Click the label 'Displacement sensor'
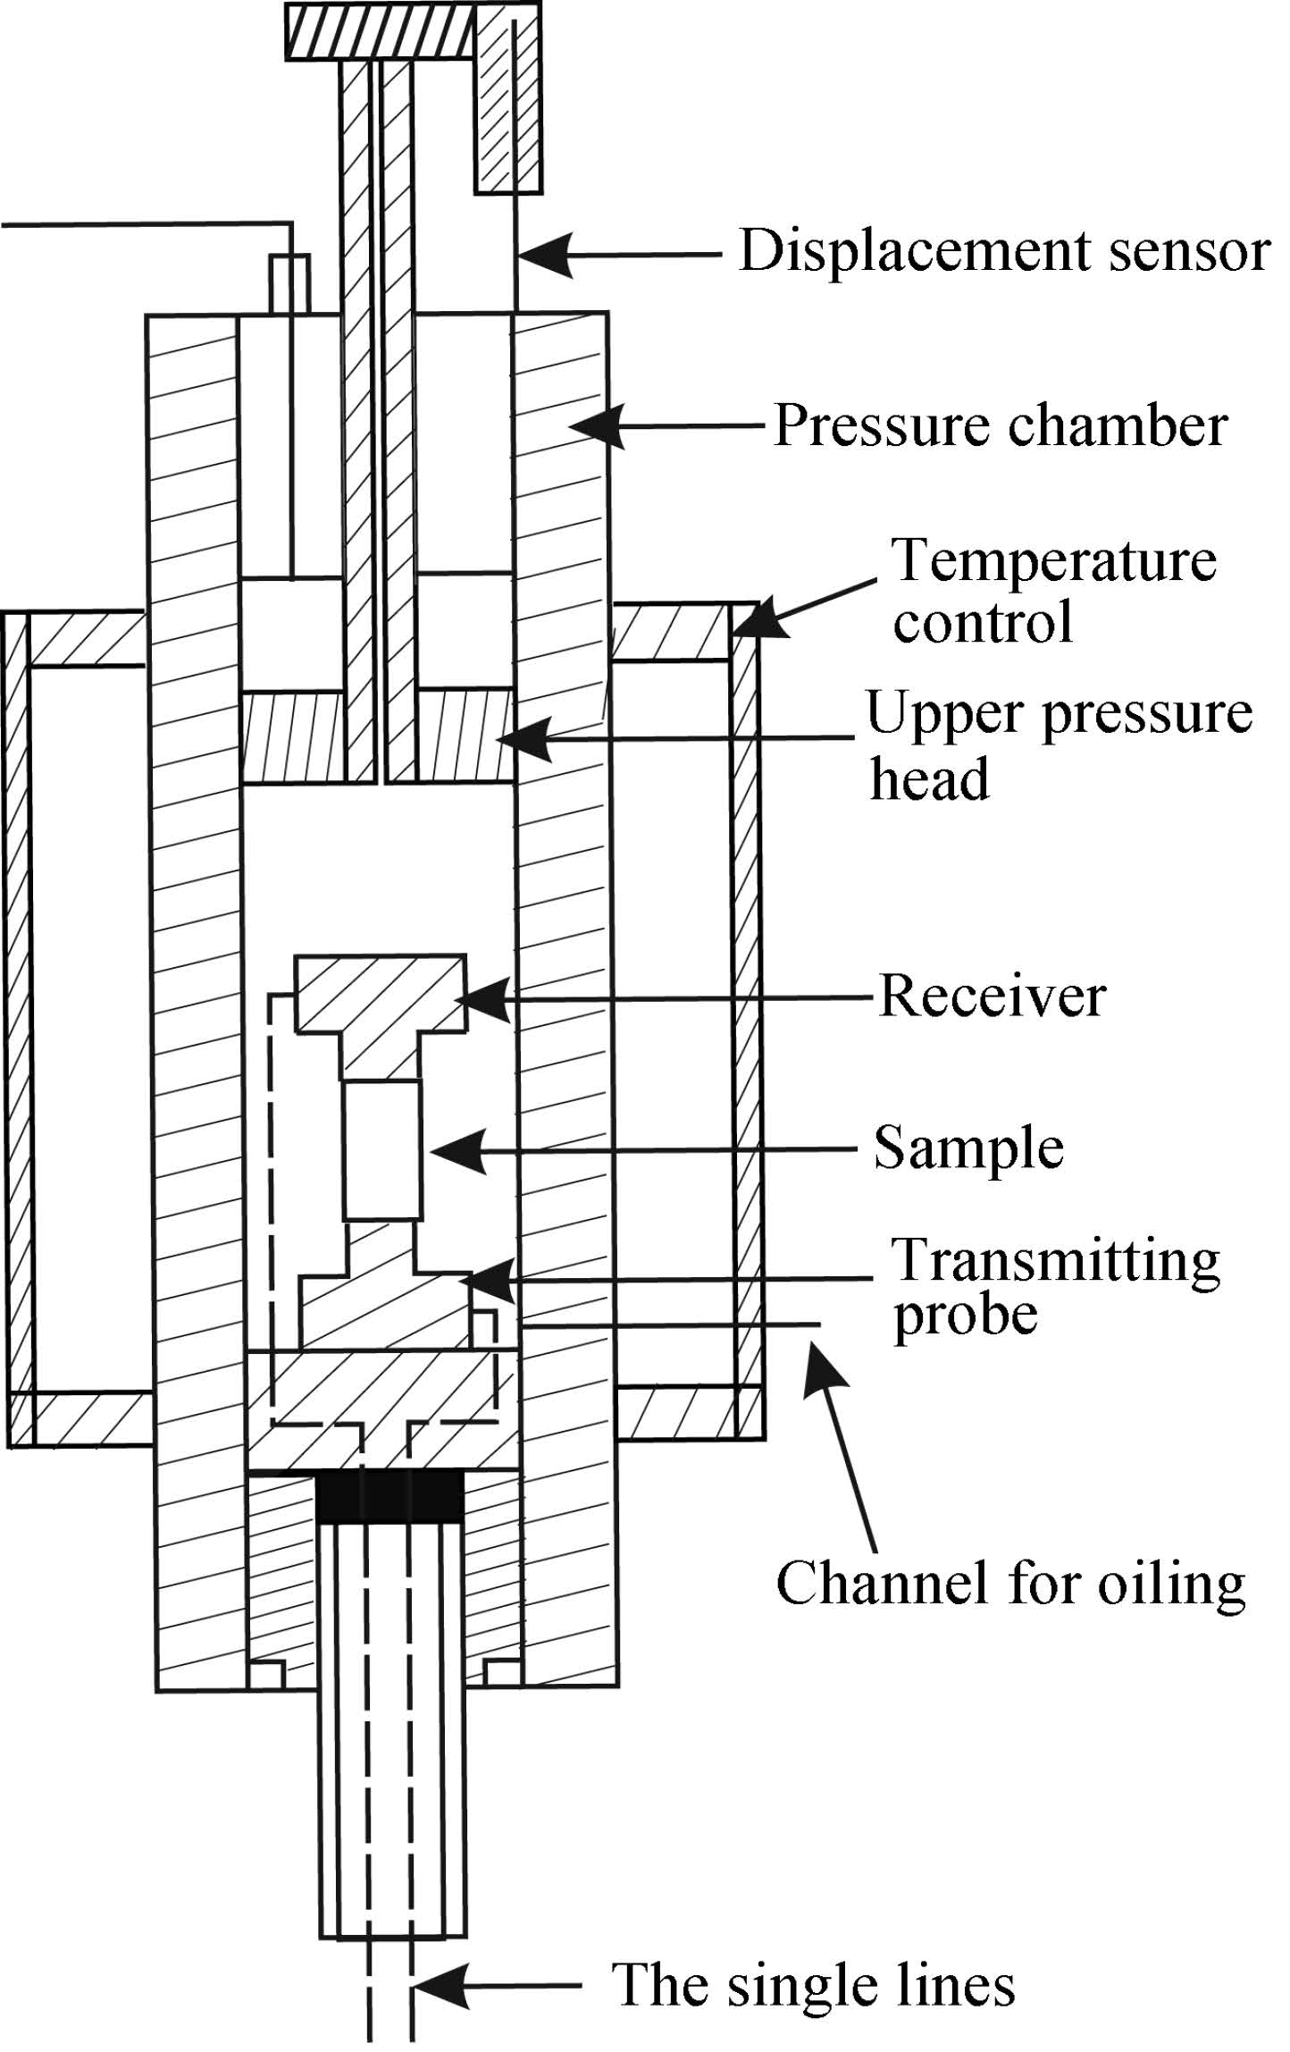point(1005,251)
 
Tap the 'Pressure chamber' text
point(1001,426)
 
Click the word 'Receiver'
point(993,996)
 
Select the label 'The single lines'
point(814,1986)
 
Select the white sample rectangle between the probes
point(382,1150)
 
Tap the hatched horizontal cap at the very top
point(380,31)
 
